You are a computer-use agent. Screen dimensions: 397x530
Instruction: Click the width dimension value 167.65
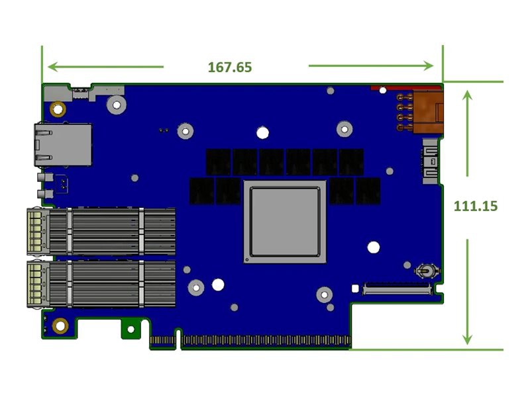click(230, 67)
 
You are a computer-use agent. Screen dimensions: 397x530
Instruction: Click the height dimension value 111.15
click(475, 206)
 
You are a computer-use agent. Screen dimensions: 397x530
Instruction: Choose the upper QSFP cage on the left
click(99, 231)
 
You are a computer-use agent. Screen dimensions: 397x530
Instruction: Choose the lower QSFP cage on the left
click(99, 283)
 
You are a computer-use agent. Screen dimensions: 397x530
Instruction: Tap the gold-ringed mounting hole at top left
click(58, 109)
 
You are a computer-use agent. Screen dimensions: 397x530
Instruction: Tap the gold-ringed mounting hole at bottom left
click(61, 326)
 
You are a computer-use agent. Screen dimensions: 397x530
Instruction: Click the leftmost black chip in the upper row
click(218, 161)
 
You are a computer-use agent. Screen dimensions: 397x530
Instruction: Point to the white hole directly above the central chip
click(262, 132)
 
